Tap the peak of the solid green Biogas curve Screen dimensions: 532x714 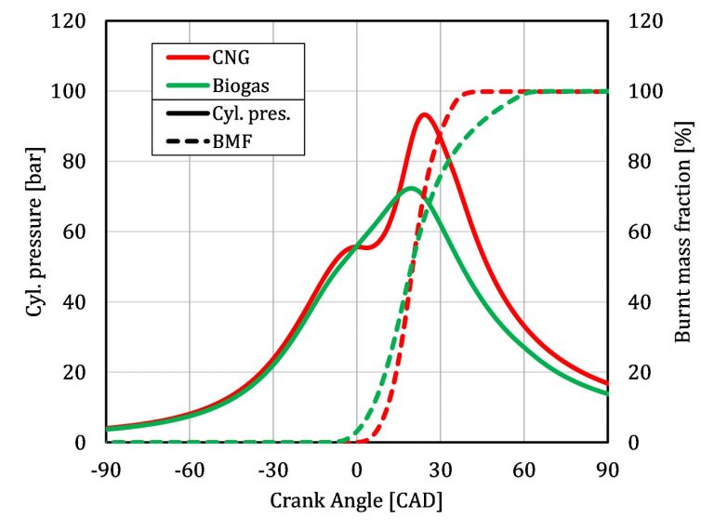[x=410, y=189]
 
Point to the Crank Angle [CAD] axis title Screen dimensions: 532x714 [x=356, y=502]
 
